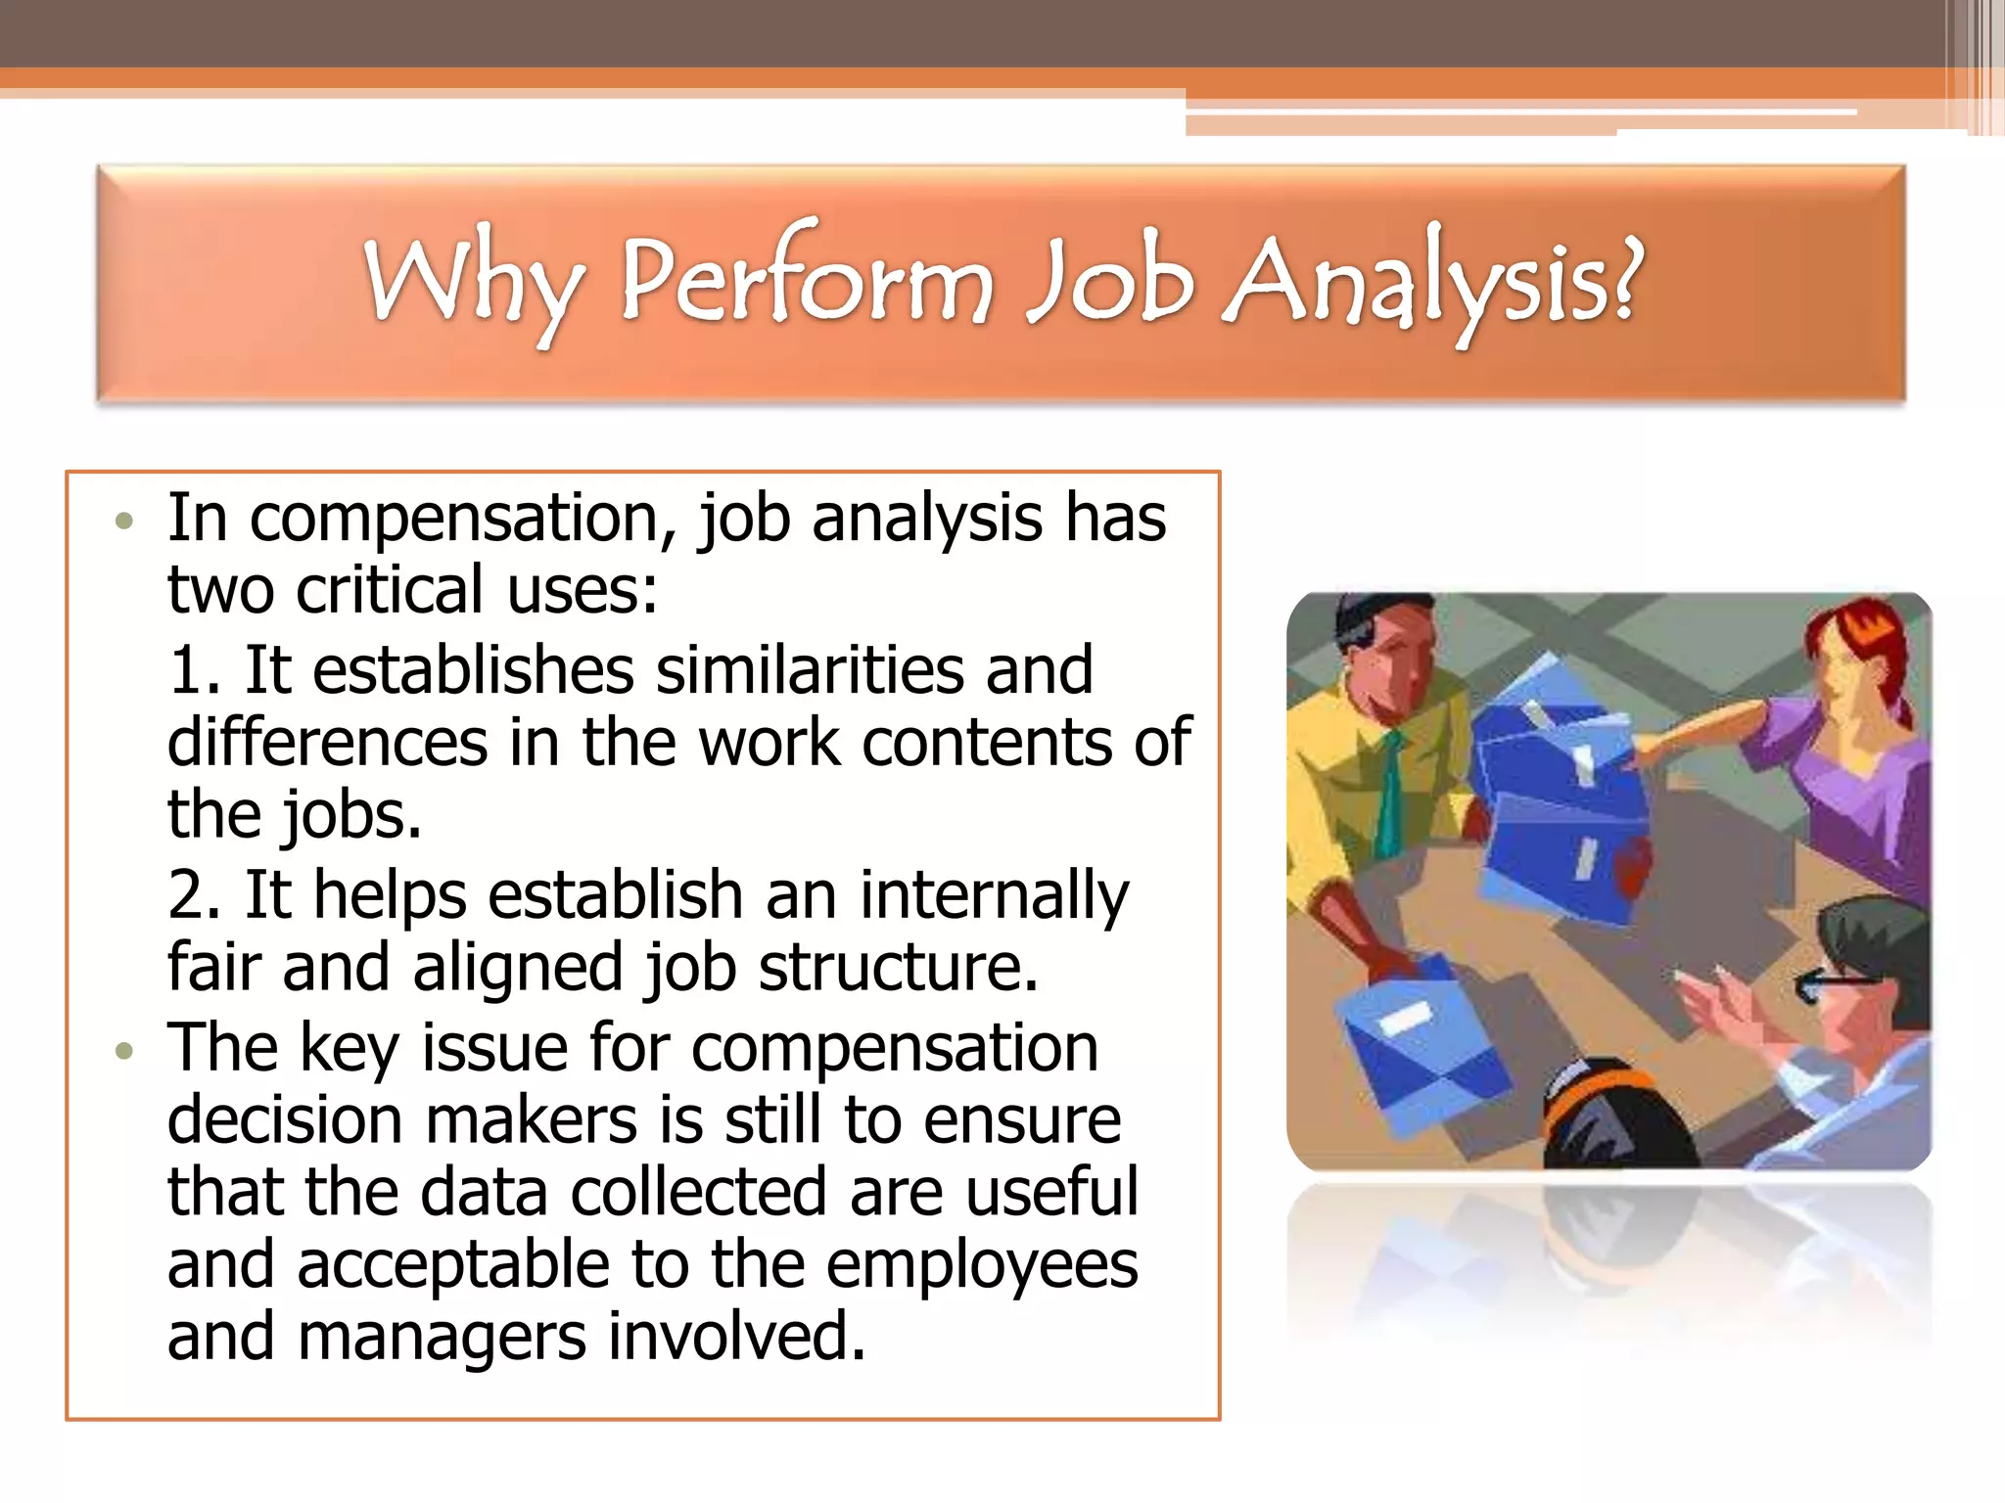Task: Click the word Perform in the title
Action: [x=805, y=282]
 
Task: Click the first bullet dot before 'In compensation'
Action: [x=123, y=522]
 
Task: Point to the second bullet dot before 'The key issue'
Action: [x=123, y=1052]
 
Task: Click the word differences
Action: [x=327, y=743]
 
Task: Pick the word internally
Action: [x=994, y=897]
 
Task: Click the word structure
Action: [x=897, y=968]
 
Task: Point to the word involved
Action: [x=736, y=1338]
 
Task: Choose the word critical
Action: [x=391, y=591]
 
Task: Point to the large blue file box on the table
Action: [x=1557, y=802]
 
